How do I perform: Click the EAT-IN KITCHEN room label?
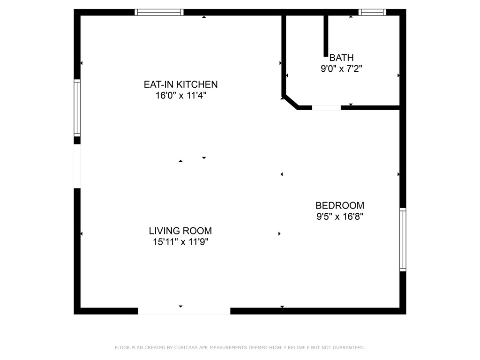[x=180, y=84]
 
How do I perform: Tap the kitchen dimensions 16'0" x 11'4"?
[x=180, y=96]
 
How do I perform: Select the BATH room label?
[x=341, y=58]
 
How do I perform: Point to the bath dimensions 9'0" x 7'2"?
[x=341, y=69]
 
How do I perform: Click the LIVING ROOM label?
[x=180, y=231]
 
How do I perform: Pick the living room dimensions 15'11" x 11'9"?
[x=180, y=242]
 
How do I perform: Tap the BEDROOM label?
[x=340, y=205]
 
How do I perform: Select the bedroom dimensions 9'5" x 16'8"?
[x=340, y=217]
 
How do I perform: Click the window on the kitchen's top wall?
[x=159, y=13]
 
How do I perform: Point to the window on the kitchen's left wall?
[x=77, y=108]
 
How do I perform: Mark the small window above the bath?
[x=372, y=13]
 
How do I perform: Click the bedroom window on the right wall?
[x=403, y=240]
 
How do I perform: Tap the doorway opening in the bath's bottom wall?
[x=326, y=108]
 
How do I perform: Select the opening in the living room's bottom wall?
[x=184, y=311]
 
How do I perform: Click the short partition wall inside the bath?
[x=326, y=36]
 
